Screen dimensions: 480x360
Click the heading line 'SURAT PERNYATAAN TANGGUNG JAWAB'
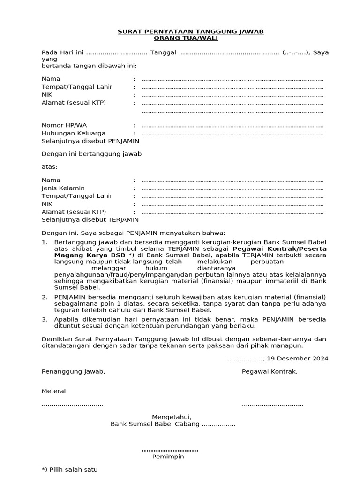(190, 31)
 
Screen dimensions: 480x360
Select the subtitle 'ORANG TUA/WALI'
(190, 38)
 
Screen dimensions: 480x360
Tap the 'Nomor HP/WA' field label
(64, 125)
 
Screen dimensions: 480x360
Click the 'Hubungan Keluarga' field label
(74, 133)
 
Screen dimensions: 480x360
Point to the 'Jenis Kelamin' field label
(63, 188)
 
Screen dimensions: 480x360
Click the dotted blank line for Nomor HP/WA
(232, 126)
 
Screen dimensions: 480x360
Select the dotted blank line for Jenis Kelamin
(232, 188)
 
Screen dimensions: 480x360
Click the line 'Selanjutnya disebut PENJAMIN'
(90, 141)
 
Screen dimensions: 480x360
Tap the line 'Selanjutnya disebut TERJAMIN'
(90, 219)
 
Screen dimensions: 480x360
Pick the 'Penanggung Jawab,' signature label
(74, 371)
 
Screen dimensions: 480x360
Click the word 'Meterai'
(54, 391)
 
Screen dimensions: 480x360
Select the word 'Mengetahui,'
(172, 417)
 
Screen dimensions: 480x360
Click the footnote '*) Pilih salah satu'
(70, 469)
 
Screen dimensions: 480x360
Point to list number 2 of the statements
(45, 297)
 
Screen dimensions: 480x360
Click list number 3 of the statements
(45, 319)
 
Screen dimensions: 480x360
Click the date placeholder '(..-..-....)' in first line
(295, 52)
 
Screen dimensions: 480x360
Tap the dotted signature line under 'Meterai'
(73, 405)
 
